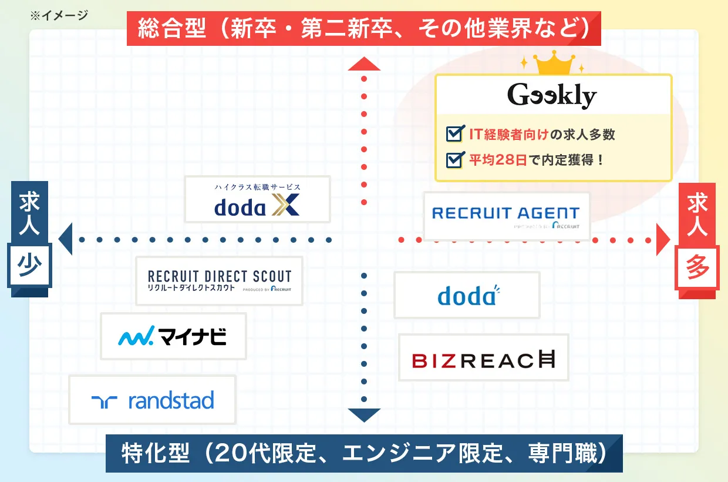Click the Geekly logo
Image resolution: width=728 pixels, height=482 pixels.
(x=552, y=96)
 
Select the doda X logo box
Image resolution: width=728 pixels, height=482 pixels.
(x=257, y=199)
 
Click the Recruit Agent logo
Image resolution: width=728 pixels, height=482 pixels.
(x=506, y=216)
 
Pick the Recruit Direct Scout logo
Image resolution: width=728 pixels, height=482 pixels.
(x=219, y=281)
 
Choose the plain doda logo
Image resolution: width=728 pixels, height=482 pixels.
(x=467, y=295)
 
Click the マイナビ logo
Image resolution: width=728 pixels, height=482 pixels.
(x=173, y=336)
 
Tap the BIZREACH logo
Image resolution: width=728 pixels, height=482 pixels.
(x=483, y=357)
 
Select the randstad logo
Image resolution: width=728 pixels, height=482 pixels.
(x=153, y=400)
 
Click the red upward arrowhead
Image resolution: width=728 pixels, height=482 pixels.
(x=364, y=63)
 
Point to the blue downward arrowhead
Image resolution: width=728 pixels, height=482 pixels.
(x=364, y=415)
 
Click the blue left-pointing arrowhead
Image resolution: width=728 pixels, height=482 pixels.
(x=65, y=239)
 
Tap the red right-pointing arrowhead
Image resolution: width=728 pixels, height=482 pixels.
(x=663, y=240)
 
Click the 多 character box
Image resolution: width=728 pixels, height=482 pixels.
(x=698, y=268)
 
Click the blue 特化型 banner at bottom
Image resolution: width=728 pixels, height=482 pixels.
(x=364, y=453)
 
